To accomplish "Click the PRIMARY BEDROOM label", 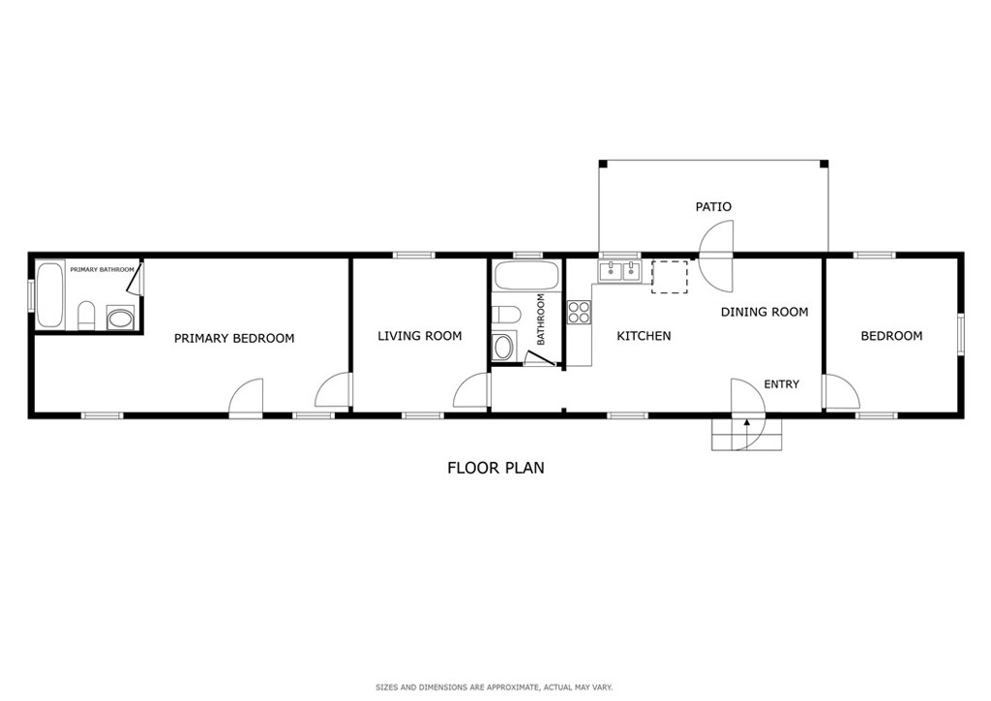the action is coord(234,338).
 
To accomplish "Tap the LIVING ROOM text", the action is coord(420,336).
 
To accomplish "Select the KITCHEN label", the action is coord(644,336).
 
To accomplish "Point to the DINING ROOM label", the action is coord(765,312).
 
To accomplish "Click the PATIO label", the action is coord(713,206).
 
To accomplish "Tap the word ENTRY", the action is coord(781,384).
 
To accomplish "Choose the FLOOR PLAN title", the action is coord(495,468).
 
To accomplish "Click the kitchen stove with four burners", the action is coord(579,312).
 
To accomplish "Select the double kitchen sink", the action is coord(619,272).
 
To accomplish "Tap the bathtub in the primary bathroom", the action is coord(50,295).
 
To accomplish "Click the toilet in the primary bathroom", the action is coord(86,316).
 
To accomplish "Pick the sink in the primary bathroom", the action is coord(120,318).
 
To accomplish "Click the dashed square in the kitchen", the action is coord(670,278).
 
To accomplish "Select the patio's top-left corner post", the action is coord(603,164).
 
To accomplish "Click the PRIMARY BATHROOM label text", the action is coord(102,270).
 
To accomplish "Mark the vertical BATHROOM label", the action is coord(540,320).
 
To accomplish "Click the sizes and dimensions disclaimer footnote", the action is coord(495,687).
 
